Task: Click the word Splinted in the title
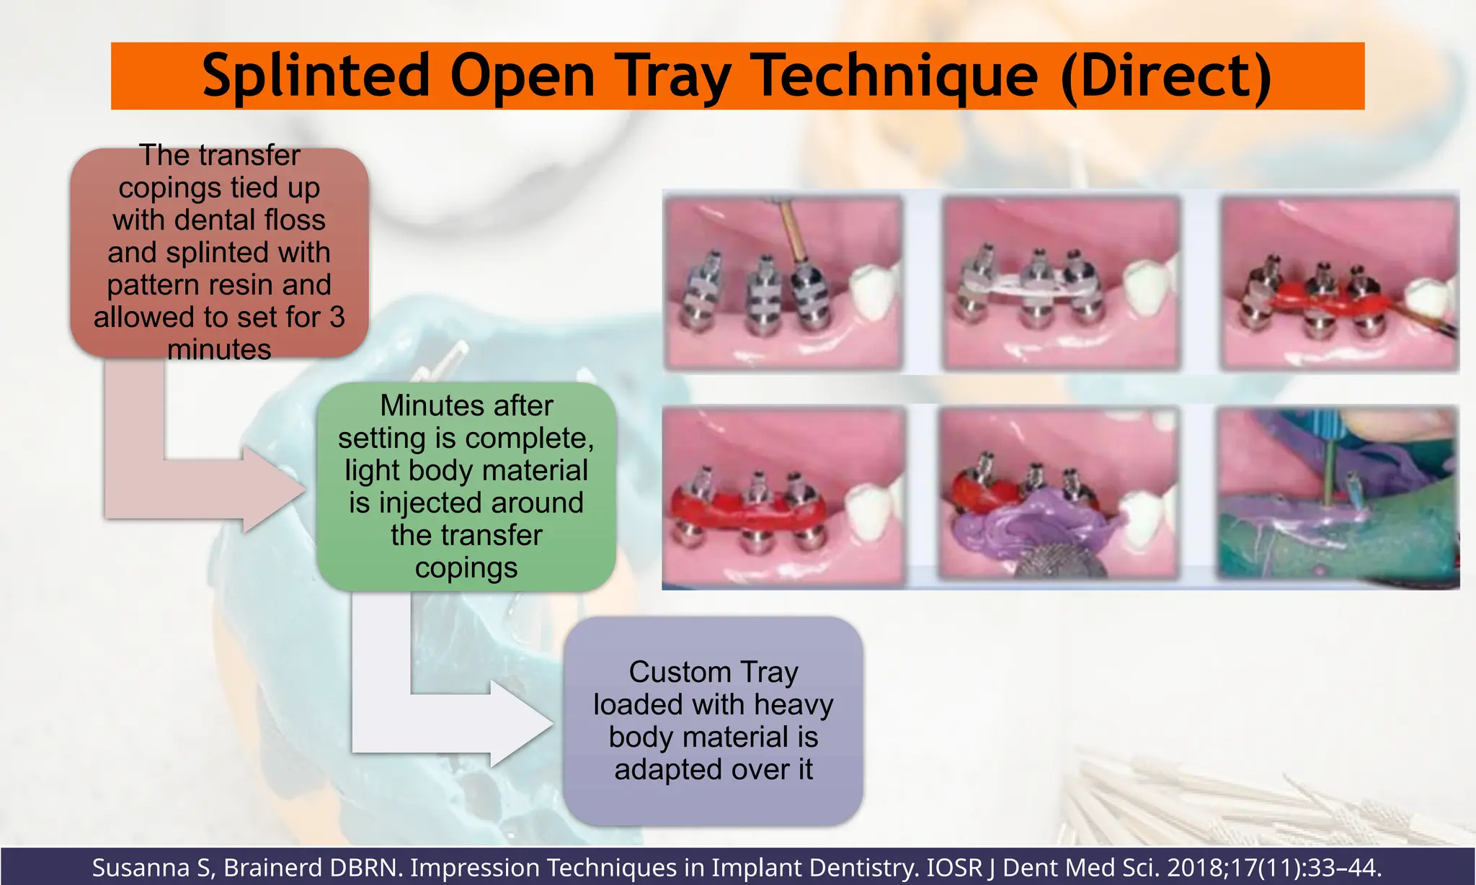[316, 76]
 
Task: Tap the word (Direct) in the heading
[1166, 76]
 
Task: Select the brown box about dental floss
[219, 252]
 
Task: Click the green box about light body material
[466, 487]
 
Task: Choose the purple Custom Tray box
[713, 721]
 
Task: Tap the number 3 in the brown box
[337, 318]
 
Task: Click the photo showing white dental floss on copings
[1062, 282]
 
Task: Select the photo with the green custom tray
[1338, 497]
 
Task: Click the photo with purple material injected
[1059, 497]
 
